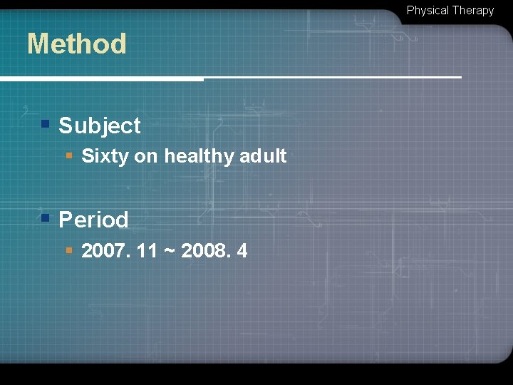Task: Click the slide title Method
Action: click(x=76, y=44)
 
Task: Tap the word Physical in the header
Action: click(x=427, y=11)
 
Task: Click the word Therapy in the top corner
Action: click(x=472, y=11)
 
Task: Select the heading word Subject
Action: click(x=100, y=126)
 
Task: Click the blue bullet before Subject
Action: click(x=45, y=124)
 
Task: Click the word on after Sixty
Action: click(x=146, y=156)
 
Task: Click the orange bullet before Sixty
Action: click(x=69, y=155)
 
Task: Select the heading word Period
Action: click(x=93, y=220)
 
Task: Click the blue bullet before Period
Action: click(x=45, y=217)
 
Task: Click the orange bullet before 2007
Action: click(x=69, y=250)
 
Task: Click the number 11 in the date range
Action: click(x=146, y=251)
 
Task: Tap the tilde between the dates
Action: click(x=170, y=252)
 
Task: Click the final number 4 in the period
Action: click(x=242, y=251)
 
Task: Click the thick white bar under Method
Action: click(x=100, y=78)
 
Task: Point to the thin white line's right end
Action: click(x=460, y=76)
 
